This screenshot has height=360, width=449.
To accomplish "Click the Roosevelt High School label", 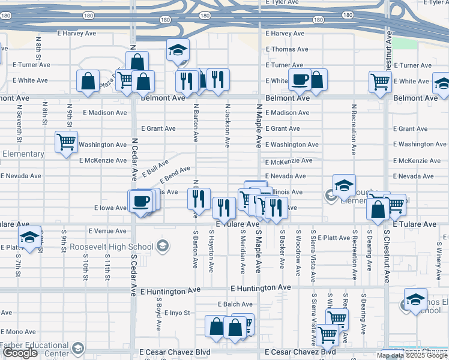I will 111,247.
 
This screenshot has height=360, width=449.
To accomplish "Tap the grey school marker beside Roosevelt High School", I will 161,246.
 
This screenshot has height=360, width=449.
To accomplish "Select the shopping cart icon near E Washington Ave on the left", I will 66,142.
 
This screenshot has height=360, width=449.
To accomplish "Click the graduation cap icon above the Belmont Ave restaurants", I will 178,50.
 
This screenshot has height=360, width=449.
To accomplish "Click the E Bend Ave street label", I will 175,175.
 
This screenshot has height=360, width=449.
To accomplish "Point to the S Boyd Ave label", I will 159,317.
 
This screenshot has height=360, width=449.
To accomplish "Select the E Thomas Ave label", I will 286,49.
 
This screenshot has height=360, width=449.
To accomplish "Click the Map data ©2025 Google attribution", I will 412,355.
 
